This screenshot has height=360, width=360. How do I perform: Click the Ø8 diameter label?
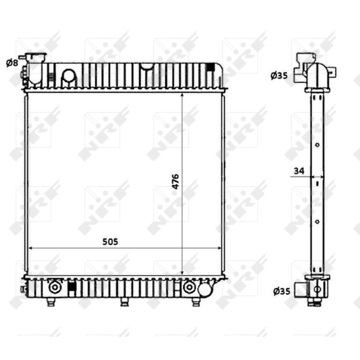12,63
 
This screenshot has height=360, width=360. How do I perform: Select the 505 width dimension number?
110,242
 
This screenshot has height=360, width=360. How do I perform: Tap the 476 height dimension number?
175,181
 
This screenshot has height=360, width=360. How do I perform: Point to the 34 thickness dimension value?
299,171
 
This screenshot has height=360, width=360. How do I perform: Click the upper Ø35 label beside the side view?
279,75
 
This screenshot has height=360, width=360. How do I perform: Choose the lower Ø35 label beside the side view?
282,291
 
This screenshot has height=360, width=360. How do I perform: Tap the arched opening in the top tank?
69,78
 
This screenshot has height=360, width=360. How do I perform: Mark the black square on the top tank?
210,67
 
